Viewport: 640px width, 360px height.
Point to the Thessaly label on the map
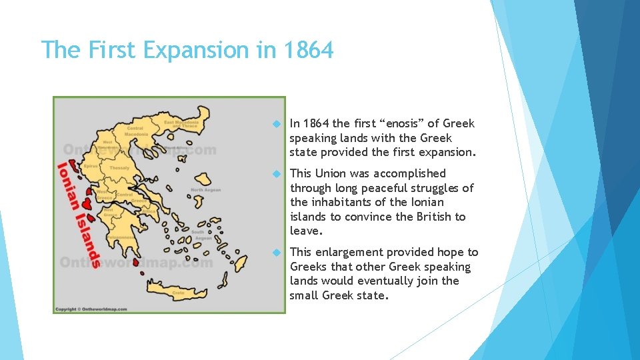pyautogui.click(x=120, y=167)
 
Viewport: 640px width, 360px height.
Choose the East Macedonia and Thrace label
pyautogui.click(x=182, y=125)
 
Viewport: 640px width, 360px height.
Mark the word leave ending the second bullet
pyautogui.click(x=305, y=231)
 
